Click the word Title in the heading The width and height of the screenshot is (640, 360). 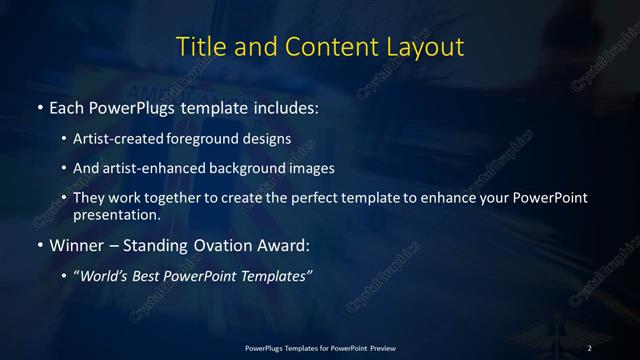[199, 47]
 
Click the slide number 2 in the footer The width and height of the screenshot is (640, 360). [590, 347]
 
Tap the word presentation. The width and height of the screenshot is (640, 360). [116, 214]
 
